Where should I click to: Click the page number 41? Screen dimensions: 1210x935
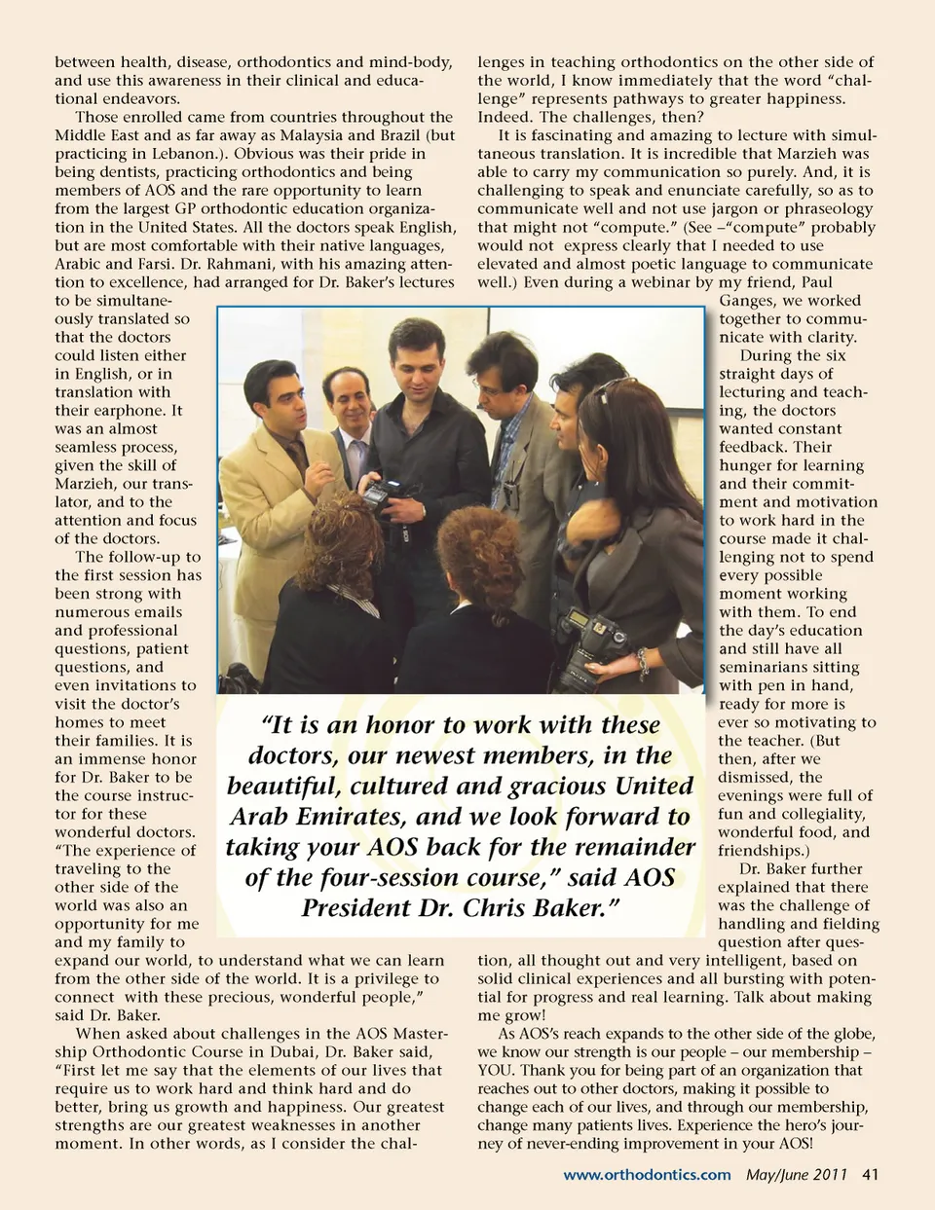click(x=870, y=1174)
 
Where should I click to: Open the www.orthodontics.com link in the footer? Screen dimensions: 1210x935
click(x=647, y=1174)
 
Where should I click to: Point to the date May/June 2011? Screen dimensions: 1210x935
click(x=797, y=1174)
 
